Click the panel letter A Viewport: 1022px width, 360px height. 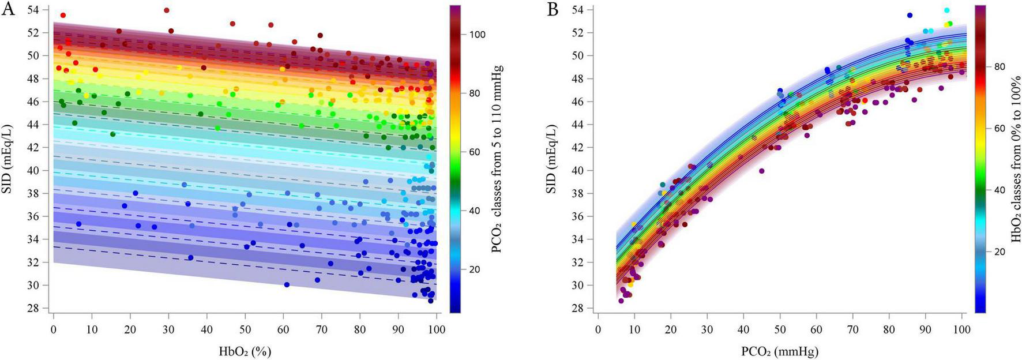[8, 9]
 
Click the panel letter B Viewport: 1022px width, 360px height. [553, 9]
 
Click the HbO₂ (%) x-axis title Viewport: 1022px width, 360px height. [245, 351]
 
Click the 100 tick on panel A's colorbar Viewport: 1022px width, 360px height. [477, 35]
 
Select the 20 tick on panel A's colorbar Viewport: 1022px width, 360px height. [475, 269]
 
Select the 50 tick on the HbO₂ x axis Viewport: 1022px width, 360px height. [245, 330]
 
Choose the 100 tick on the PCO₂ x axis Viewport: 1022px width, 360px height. [961, 330]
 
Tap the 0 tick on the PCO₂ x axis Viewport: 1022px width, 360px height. [598, 330]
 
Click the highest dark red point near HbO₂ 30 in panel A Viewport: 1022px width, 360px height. [167, 10]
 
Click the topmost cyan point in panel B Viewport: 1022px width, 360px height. [946, 10]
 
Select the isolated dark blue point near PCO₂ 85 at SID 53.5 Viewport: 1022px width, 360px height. [910, 16]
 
